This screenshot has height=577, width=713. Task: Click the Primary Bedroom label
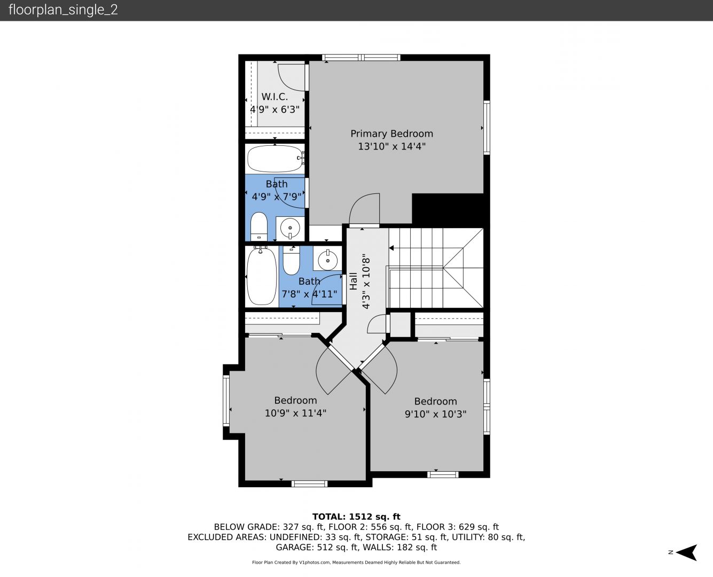(391, 134)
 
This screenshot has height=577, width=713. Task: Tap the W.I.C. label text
(275, 97)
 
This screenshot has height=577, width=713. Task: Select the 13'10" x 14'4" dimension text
(391, 146)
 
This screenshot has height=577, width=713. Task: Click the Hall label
(354, 281)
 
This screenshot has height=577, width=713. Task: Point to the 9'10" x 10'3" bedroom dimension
(435, 414)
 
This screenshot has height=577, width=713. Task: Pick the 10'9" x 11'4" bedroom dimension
(295, 413)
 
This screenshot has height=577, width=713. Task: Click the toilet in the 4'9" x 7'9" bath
(258, 227)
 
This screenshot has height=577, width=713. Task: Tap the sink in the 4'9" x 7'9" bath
(290, 229)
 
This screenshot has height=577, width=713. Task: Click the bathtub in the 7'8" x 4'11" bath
(262, 276)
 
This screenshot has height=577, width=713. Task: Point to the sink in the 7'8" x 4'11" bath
(328, 260)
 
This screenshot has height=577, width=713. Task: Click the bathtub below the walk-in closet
(276, 158)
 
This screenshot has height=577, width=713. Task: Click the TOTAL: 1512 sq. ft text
(356, 517)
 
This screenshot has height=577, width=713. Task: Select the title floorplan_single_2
(63, 10)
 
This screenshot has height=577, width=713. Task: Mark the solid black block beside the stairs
(448, 208)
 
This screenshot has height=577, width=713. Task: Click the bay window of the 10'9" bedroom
(226, 400)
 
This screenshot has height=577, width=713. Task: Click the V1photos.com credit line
(356, 563)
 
